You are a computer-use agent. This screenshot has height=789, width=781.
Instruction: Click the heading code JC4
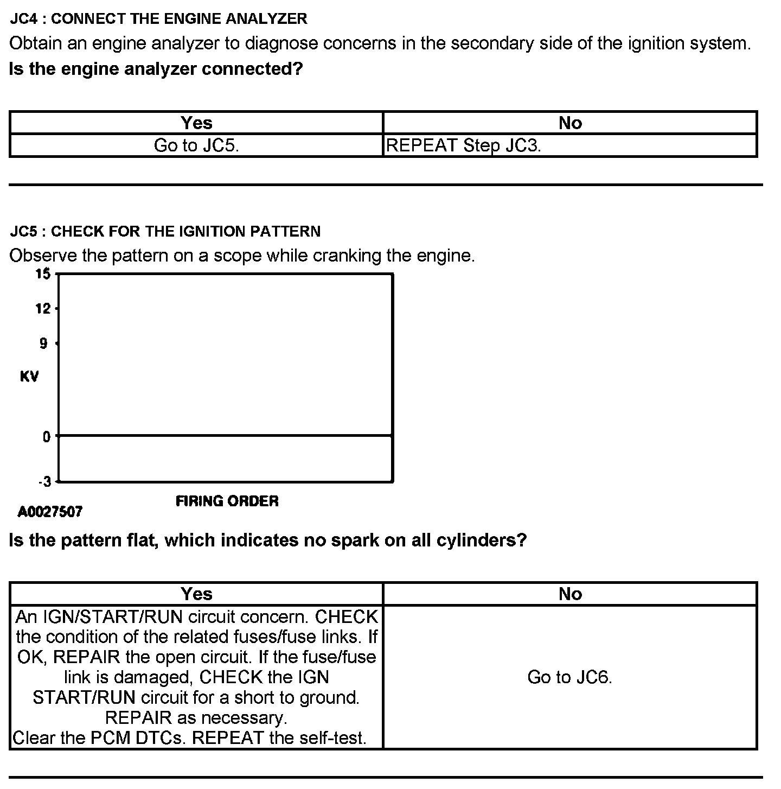pos(25,19)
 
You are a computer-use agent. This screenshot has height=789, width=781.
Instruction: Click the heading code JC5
pos(25,232)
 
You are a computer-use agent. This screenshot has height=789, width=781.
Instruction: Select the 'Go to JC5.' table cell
pos(196,146)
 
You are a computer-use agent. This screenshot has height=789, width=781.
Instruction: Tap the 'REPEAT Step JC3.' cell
pos(463,146)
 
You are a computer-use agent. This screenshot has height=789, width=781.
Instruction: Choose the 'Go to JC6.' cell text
pos(569,677)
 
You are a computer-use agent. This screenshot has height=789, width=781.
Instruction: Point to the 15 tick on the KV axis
pos(43,274)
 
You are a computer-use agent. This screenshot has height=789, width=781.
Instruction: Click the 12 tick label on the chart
pos(43,309)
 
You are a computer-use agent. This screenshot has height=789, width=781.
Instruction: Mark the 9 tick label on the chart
pos(43,343)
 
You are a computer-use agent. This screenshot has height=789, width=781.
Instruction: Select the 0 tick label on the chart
pos(47,437)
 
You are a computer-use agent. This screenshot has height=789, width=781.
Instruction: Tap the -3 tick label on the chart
pos(44,481)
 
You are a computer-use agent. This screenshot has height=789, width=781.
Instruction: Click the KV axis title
pos(29,377)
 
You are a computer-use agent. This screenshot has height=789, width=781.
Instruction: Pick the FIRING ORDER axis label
pos(227,501)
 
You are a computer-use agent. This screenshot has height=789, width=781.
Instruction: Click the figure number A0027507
pos(50,512)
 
